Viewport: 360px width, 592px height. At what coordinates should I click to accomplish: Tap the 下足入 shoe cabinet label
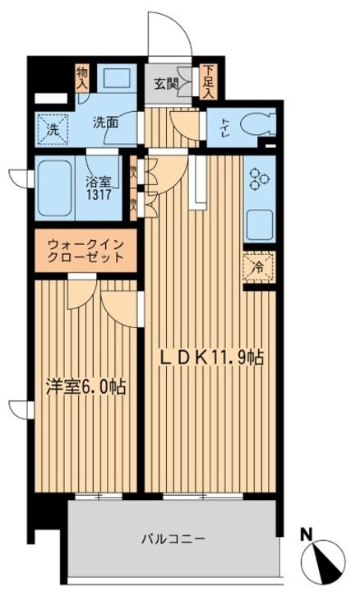pyautogui.click(x=210, y=81)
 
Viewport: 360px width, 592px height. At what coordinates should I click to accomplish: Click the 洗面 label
pyautogui.click(x=104, y=123)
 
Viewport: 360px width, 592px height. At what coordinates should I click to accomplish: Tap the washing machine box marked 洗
pyautogui.click(x=52, y=129)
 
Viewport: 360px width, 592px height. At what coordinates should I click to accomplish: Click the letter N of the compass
pyautogui.click(x=307, y=535)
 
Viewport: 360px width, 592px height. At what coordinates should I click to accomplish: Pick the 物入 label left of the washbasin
pyautogui.click(x=83, y=80)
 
